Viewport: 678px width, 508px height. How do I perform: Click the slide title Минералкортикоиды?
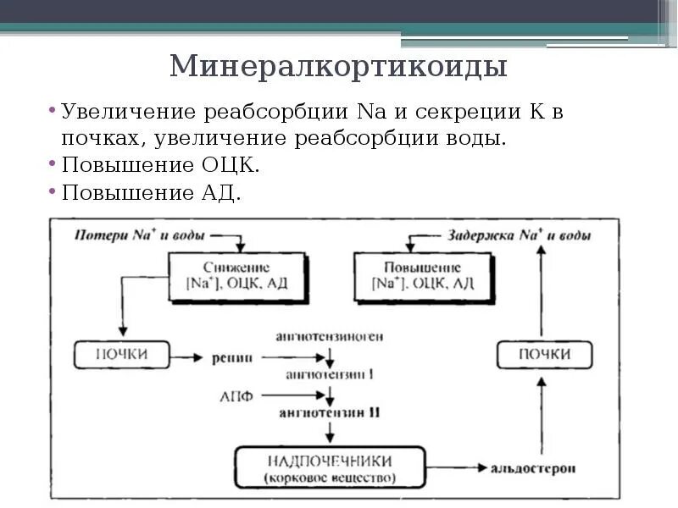(338, 66)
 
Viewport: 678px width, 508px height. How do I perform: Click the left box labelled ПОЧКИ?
(122, 355)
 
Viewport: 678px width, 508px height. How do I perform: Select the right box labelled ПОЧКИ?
(544, 355)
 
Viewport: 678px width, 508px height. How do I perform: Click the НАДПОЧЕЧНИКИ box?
(330, 468)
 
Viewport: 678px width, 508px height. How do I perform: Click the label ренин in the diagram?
(232, 357)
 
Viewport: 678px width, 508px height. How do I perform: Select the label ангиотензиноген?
(330, 336)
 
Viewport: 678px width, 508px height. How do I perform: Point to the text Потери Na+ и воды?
(141, 235)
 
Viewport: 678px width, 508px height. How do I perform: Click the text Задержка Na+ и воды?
(519, 235)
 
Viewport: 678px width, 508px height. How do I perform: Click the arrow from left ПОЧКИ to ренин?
(187, 356)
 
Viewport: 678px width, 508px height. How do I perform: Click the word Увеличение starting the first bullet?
(121, 112)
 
